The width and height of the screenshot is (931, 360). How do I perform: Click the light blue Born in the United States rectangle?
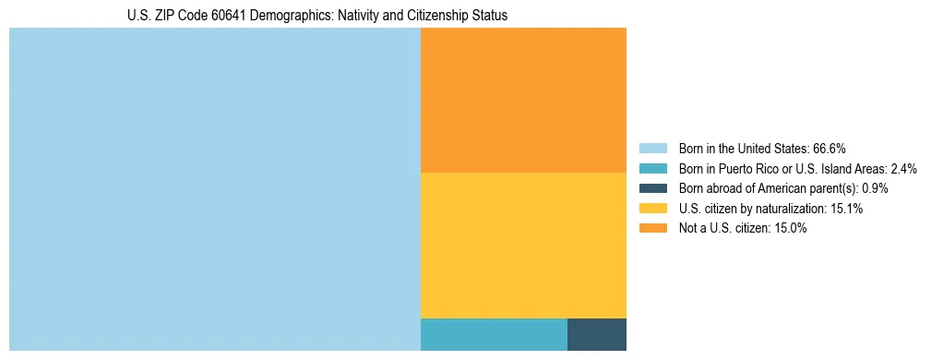214,189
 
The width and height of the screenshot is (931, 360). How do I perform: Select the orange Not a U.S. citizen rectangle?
523,100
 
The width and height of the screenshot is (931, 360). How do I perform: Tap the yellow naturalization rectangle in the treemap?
523,245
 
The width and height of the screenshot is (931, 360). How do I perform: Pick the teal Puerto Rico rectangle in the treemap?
494,334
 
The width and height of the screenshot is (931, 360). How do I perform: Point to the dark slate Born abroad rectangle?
597,334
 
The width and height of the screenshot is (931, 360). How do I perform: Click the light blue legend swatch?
652,148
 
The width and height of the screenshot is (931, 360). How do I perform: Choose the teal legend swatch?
652,168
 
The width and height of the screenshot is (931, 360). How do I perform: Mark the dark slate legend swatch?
652,188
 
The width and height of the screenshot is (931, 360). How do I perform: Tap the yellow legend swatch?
652,209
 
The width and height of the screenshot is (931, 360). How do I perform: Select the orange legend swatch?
652,229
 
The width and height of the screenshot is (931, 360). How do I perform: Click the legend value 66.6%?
829,148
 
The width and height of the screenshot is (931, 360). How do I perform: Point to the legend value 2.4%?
903,168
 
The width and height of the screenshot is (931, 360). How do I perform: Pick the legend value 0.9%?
875,188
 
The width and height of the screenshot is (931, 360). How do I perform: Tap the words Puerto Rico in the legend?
740,168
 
